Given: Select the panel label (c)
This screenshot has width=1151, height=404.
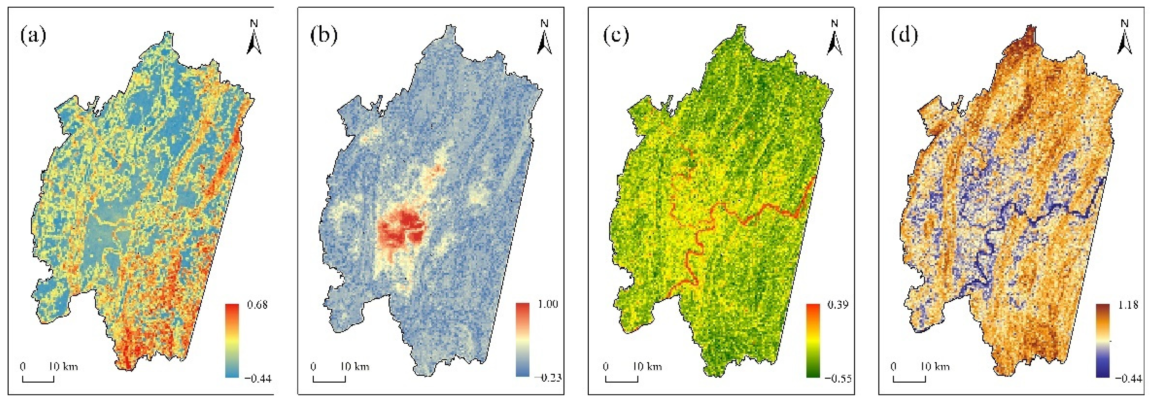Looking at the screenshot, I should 616,36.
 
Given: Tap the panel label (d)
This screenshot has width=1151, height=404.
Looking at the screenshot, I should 905,36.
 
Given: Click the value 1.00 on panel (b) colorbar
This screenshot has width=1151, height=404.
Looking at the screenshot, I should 548,305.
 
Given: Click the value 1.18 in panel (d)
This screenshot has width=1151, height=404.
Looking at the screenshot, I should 1128,305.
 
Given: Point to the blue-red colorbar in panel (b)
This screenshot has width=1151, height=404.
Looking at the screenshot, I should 522,339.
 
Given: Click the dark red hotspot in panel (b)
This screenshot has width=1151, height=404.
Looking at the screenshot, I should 404,230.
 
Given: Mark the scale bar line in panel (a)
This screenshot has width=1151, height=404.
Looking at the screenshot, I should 38,381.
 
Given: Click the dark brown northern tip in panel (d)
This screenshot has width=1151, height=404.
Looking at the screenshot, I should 1027,33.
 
